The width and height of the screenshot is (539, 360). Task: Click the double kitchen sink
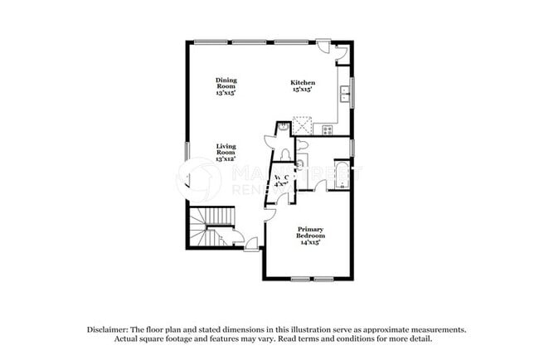(x=343, y=95)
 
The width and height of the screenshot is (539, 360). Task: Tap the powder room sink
(x=283, y=127)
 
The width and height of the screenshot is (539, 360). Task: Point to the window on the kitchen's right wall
(x=352, y=87)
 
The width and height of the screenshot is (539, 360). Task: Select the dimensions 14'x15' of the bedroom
(x=310, y=241)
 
